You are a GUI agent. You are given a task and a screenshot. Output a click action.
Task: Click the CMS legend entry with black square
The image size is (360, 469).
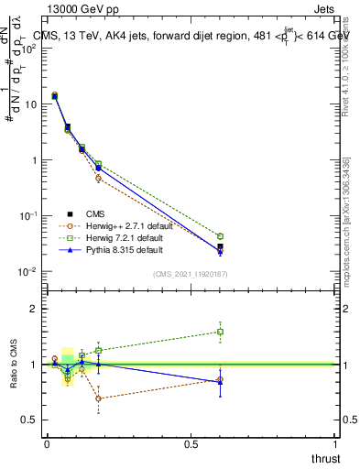coord(109,213)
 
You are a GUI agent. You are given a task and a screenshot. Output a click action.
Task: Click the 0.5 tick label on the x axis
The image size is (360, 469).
coord(191,444)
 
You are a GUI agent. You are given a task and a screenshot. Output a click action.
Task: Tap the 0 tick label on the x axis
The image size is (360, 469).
coord(47,444)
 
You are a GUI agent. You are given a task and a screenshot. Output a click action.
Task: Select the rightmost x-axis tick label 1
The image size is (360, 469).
coord(335,444)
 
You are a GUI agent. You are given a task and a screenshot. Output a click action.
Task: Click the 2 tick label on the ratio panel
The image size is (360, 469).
coord(33,309)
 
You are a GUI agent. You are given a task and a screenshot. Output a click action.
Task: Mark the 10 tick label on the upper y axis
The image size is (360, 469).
coord(29,104)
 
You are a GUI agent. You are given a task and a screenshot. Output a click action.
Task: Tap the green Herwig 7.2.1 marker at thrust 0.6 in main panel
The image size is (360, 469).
coord(220,236)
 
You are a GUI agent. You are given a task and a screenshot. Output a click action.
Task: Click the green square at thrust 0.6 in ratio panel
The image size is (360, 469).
coord(220,332)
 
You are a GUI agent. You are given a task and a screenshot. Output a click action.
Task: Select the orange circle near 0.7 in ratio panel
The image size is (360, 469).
coord(98,398)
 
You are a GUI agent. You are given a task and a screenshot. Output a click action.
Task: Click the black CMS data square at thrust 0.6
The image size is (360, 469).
coord(220,247)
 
